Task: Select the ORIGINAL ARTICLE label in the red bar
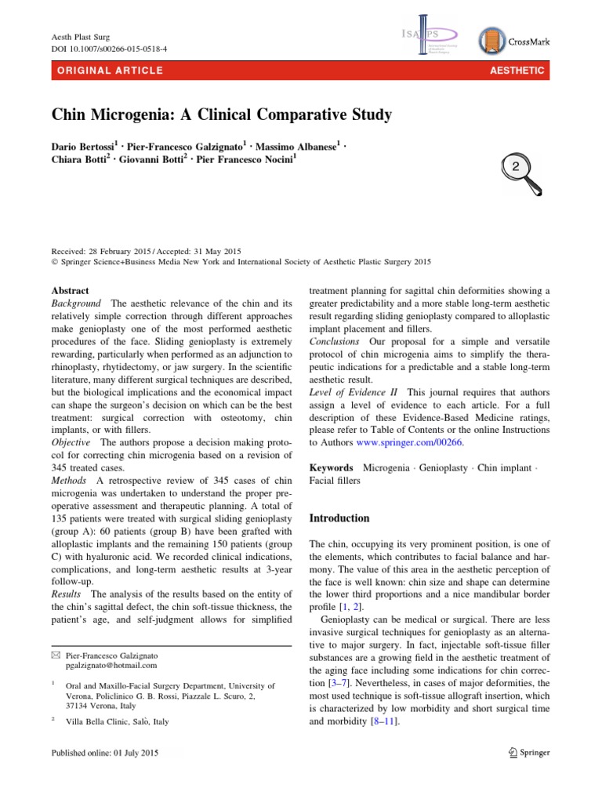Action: pos(106,71)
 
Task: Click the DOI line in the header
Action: pos(109,49)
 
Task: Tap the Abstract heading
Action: pos(70,290)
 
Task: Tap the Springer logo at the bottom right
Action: pos(526,753)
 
